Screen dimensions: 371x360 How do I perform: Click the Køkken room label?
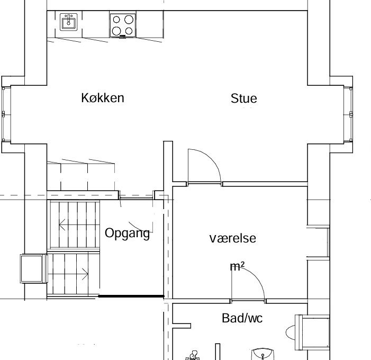click(103, 98)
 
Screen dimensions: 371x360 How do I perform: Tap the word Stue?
click(243, 98)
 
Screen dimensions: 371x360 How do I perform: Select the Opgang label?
click(128, 233)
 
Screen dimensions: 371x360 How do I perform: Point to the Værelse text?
click(232, 238)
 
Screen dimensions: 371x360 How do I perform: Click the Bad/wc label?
click(242, 318)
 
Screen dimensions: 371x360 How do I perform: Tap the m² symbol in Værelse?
click(237, 266)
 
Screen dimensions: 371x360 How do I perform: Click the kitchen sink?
click(69, 22)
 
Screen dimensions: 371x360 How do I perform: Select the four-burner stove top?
click(123, 25)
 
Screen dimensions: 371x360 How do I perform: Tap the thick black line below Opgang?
click(131, 296)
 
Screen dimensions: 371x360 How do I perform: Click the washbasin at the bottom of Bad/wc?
click(263, 354)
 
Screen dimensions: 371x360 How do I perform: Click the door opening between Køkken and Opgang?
click(137, 198)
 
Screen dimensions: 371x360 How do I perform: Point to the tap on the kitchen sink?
click(69, 19)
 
